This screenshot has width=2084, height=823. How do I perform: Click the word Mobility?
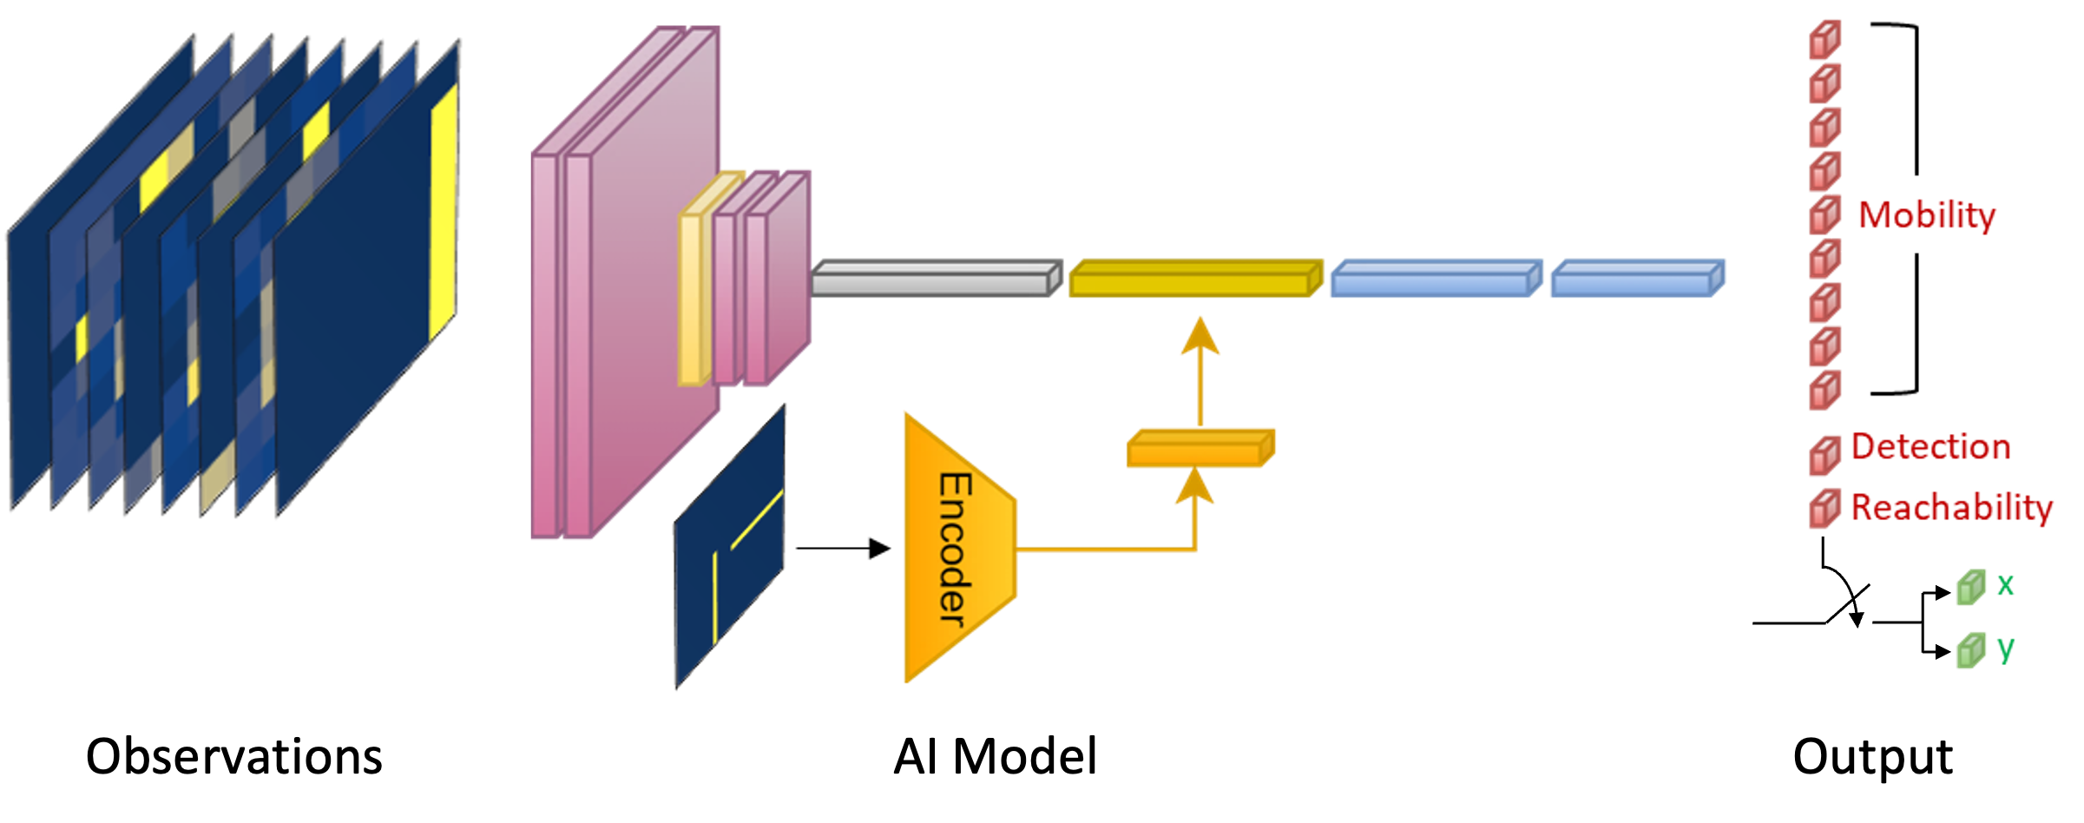coord(1927,214)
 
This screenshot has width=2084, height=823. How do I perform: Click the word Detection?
coord(1930,447)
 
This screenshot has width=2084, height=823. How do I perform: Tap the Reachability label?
coord(1950,508)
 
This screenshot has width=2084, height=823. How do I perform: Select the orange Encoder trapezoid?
coord(955,547)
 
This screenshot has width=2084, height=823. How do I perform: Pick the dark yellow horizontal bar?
coord(1194,279)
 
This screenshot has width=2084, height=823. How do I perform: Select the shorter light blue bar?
coord(1636,279)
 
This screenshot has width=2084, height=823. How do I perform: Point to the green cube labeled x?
coord(1970,589)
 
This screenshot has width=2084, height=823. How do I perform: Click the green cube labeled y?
coord(1970,651)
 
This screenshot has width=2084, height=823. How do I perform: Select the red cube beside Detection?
coord(1824,456)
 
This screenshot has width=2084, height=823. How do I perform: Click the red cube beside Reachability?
coord(1824,509)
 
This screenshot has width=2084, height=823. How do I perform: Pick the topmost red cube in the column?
coord(1824,40)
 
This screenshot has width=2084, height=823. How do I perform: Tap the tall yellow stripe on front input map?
coord(443,217)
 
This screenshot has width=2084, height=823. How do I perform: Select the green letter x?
coord(2005,585)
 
